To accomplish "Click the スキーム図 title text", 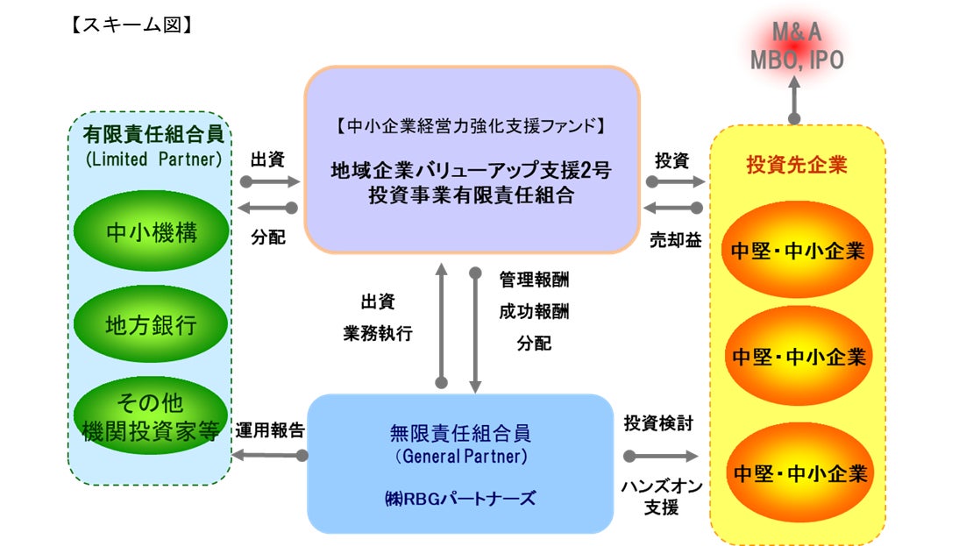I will coord(131,25).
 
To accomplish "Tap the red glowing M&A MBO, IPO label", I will coord(796,46).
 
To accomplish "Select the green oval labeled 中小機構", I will coord(152,232).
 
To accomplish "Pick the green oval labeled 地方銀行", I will coord(152,325).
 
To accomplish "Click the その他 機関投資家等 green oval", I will coord(152,415).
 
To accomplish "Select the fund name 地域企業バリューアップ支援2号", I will coord(471,171).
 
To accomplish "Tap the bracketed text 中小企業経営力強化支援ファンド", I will coord(471,126).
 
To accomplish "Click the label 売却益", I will coord(675,239).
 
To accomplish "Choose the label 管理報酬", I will coord(534,280).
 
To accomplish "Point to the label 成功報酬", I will coord(534,311).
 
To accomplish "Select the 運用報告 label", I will coord(270,430).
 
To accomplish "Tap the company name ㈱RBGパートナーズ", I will coord(459,499).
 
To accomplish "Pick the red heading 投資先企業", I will coord(797,163).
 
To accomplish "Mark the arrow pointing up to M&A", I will coord(795,97).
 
